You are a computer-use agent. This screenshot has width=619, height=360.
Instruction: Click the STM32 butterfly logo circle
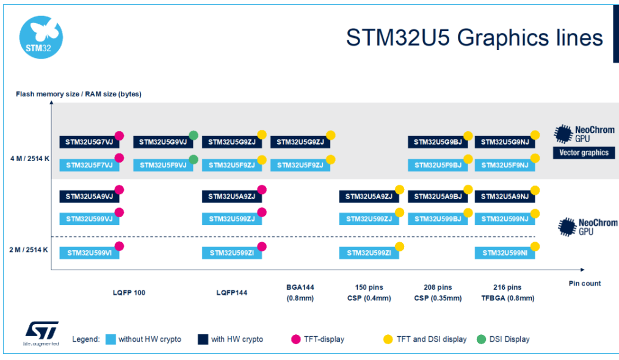(x=41, y=37)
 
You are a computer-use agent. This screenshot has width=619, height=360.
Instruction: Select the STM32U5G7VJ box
(x=89, y=142)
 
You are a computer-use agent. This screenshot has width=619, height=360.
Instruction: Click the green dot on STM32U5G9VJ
(x=194, y=135)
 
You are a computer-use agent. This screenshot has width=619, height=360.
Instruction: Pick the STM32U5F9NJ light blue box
(x=505, y=165)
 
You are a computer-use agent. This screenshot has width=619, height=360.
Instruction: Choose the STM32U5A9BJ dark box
(x=438, y=196)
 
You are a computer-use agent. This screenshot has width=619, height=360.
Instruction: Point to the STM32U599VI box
(x=89, y=253)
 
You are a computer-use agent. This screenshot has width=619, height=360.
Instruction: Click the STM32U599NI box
(x=505, y=253)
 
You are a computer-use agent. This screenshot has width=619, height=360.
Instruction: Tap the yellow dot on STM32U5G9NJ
(x=535, y=135)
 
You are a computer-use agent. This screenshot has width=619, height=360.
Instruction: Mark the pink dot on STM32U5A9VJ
(x=119, y=190)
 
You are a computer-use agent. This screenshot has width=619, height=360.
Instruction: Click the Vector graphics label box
(x=584, y=153)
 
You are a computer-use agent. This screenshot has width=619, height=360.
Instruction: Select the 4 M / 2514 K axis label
(x=30, y=159)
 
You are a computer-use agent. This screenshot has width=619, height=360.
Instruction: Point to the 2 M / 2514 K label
(x=29, y=250)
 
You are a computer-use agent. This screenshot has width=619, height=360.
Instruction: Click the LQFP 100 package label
(x=129, y=293)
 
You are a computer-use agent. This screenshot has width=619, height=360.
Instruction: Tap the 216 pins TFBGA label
(x=508, y=292)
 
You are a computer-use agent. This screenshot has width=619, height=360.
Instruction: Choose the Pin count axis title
(x=585, y=283)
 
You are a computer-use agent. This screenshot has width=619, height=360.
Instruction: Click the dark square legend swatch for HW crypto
(x=203, y=339)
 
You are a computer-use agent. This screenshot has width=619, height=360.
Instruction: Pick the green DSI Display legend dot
(x=481, y=339)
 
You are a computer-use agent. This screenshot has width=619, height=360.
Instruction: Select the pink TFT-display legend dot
(x=295, y=339)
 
